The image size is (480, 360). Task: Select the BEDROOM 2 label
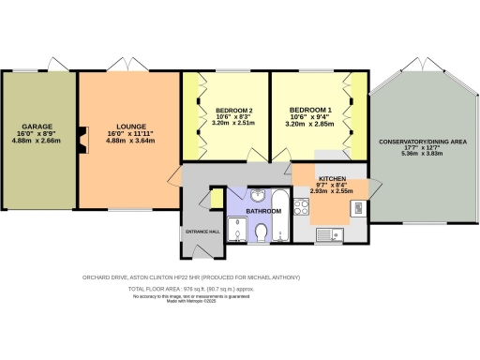(227, 108)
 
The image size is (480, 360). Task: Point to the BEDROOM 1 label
(312, 108)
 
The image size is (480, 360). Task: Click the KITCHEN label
(332, 178)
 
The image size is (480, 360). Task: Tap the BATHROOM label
(263, 212)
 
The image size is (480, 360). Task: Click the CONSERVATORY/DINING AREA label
(424, 142)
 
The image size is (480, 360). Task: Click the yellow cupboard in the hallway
(216, 200)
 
